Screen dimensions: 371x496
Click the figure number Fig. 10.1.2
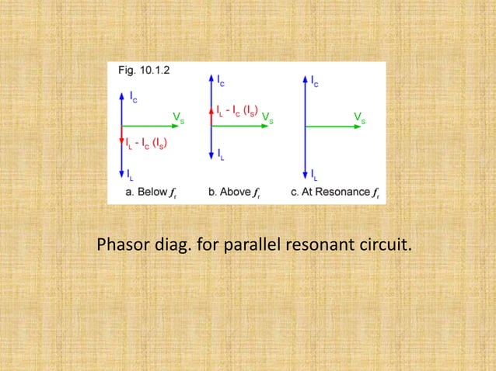pos(141,69)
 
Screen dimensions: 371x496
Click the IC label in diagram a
pos(134,99)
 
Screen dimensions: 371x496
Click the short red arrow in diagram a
pos(121,134)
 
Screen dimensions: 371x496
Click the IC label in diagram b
pos(222,81)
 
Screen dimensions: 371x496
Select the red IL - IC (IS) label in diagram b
pos(237,111)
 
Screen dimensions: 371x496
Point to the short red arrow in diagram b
pos(212,116)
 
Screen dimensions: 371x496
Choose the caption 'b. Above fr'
pos(237,192)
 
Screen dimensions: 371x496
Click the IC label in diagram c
pos(314,81)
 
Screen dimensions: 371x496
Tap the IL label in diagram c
pos(313,175)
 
